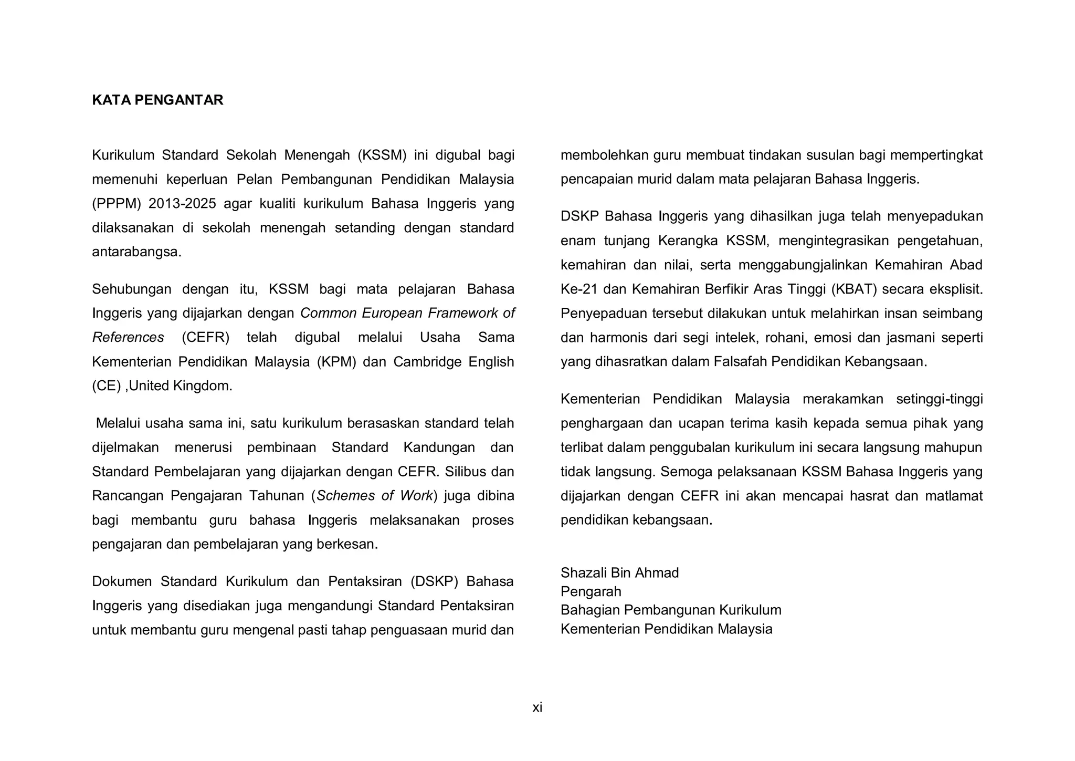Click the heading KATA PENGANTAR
click(157, 100)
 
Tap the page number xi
click(537, 707)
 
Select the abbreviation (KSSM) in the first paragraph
click(382, 155)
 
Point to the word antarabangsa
click(136, 252)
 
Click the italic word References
click(128, 337)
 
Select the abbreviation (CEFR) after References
click(205, 337)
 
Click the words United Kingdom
click(180, 386)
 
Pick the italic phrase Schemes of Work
click(375, 496)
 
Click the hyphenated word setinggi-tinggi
click(939, 399)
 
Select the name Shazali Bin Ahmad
click(619, 572)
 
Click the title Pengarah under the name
click(591, 591)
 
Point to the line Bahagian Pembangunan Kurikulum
click(671, 610)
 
